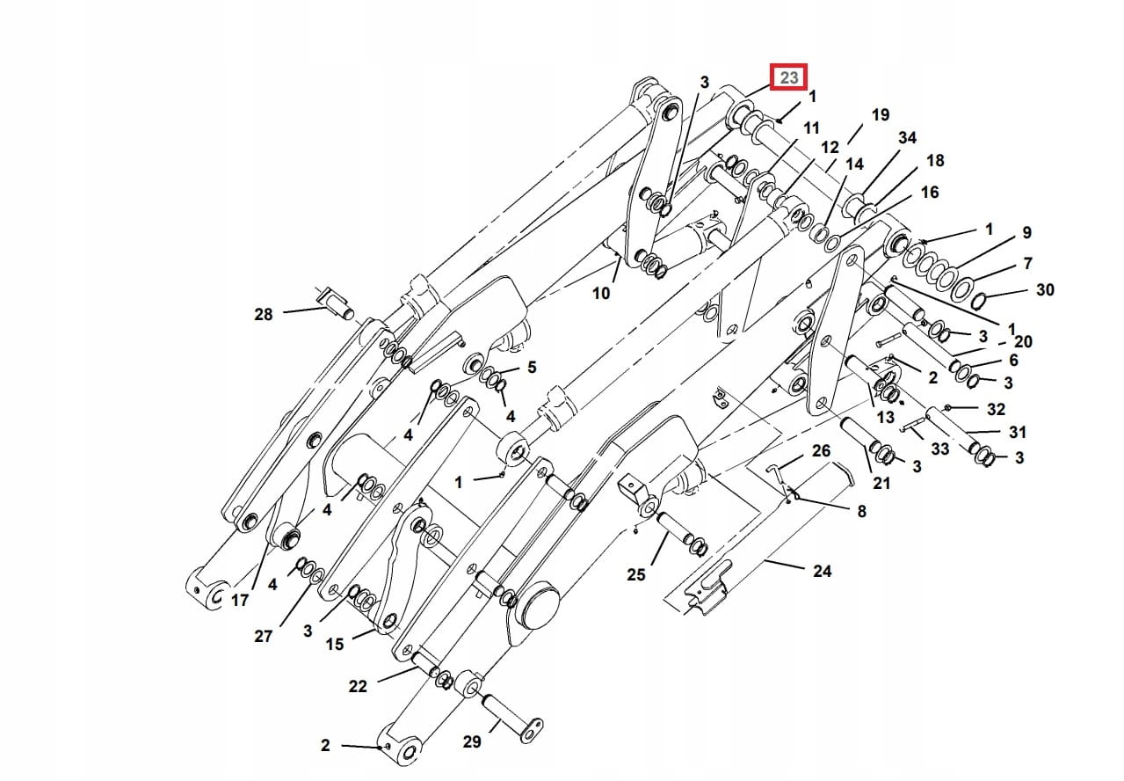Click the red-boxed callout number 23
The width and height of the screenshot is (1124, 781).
click(788, 77)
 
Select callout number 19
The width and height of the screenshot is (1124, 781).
click(880, 115)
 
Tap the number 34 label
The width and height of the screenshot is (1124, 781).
click(907, 138)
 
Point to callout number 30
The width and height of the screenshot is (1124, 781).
click(1044, 289)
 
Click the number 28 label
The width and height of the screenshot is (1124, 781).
click(263, 314)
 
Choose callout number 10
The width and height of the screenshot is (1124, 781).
click(600, 293)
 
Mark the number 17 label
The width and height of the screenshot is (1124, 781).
click(240, 601)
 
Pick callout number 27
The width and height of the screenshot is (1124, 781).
click(263, 636)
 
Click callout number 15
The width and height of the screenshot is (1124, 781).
click(334, 645)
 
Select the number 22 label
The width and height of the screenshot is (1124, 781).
click(357, 686)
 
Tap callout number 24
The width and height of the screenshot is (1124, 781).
click(821, 571)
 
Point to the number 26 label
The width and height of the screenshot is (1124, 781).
click(821, 451)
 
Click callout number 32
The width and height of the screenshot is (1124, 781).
click(995, 409)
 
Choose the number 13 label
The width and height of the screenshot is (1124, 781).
click(885, 417)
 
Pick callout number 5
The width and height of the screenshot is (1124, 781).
click(531, 368)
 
